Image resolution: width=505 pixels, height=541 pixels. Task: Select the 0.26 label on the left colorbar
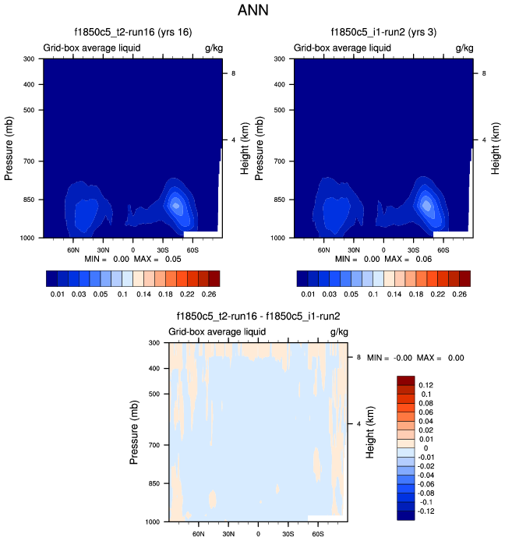[x=209, y=295]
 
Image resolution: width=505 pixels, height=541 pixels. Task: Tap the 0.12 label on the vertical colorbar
[x=426, y=385]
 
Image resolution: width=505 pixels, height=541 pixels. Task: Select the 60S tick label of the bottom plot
[x=318, y=535]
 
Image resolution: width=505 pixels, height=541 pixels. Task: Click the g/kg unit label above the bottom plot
[x=338, y=332]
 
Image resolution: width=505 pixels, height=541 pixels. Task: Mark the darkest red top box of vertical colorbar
[x=405, y=380]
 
